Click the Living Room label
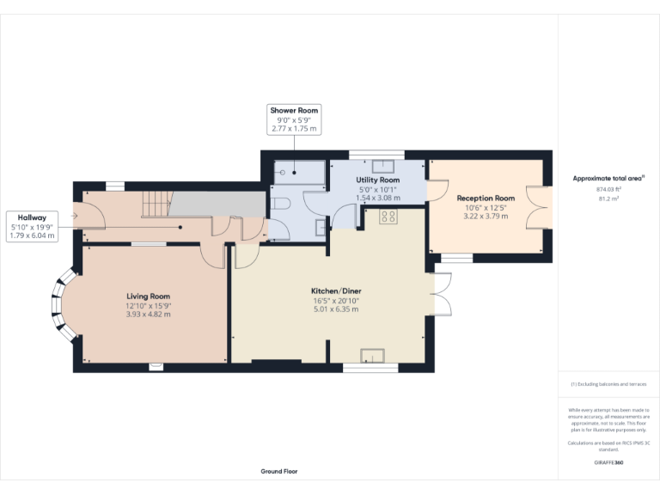click(149, 296)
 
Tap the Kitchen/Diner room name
click(336, 291)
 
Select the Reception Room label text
click(486, 198)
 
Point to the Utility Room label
click(376, 179)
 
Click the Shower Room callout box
click(294, 119)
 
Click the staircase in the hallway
click(153, 205)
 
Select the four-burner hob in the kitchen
click(388, 216)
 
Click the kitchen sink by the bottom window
click(371, 356)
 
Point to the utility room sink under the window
click(383, 166)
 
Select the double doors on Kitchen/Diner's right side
click(442, 295)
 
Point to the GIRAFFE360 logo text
click(608, 463)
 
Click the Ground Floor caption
click(279, 471)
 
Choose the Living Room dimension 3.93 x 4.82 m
click(149, 315)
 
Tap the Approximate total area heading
click(608, 179)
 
